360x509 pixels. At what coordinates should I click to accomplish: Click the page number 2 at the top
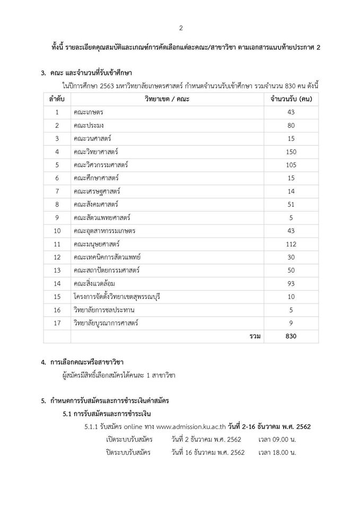[x=180, y=28]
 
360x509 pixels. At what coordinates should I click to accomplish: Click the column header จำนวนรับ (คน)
[x=291, y=99]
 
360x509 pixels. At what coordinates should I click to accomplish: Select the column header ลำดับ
[x=56, y=99]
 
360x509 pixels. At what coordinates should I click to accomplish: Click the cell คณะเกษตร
[x=89, y=112]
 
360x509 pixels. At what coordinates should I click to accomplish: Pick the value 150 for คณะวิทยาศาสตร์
[x=291, y=152]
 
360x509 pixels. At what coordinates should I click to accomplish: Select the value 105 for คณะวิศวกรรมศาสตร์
[x=291, y=165]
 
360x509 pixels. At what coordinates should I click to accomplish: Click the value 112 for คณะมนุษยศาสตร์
[x=291, y=244]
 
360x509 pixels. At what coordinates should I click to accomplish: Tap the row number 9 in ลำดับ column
[x=56, y=217]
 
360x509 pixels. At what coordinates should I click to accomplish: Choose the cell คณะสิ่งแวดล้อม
[x=95, y=283]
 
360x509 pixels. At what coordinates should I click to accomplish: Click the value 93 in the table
[x=291, y=283]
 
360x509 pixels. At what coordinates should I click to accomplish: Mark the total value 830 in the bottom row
[x=291, y=336]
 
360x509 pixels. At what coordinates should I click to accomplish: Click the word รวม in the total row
[x=254, y=336]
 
